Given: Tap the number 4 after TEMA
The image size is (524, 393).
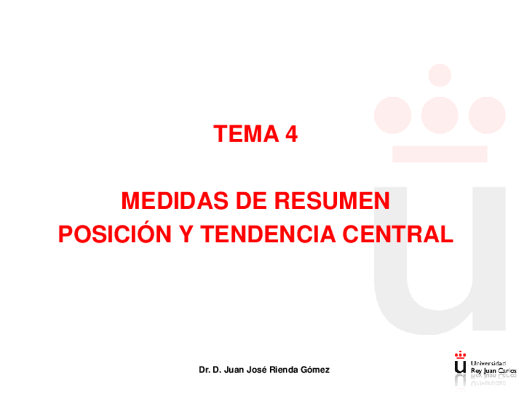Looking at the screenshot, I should [x=291, y=134].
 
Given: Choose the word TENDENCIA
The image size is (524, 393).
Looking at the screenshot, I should [x=268, y=235].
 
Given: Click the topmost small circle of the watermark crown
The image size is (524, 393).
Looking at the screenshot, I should [x=439, y=75].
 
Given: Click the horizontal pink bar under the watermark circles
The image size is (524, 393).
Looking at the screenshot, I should [x=439, y=153].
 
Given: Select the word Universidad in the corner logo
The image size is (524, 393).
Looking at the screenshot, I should [x=488, y=363].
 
